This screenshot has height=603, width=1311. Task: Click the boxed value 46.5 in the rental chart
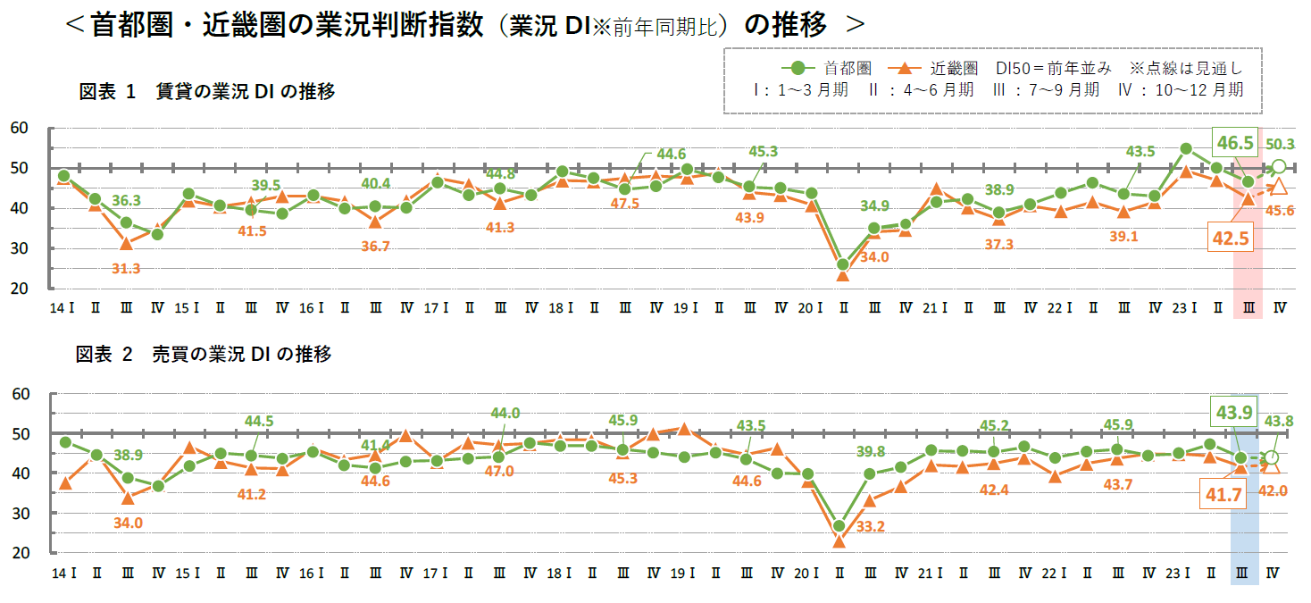1233,141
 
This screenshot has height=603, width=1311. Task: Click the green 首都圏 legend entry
830,68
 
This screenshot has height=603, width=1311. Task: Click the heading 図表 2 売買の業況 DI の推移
205,355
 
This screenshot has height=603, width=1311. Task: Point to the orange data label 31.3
126,268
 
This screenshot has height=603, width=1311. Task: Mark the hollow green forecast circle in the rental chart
1279,166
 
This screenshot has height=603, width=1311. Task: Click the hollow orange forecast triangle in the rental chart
1279,187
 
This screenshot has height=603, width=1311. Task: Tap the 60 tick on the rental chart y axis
20,129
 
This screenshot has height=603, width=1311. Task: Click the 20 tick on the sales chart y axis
20,553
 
